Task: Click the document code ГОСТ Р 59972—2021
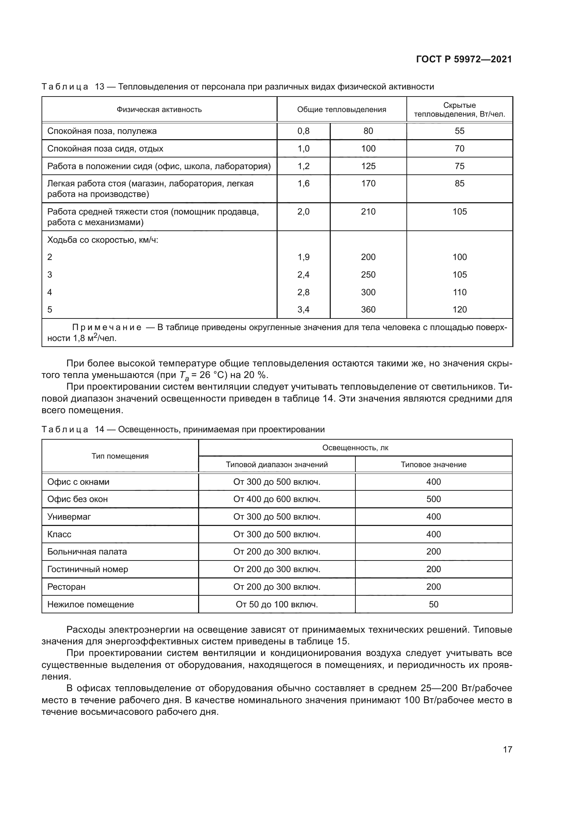pos(464,60)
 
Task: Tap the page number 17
pos(507,749)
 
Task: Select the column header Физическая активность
pos(159,110)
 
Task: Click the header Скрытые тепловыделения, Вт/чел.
pos(460,110)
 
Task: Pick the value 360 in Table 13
pos(368,309)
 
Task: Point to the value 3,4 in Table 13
pos(303,309)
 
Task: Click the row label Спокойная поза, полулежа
pos(102,131)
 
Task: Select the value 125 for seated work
pos(368,166)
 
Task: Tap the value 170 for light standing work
pos(368,184)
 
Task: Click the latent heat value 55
pos(460,131)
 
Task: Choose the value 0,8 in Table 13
pos(303,131)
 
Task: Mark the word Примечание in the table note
pos(106,327)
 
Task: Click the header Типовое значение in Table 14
pos(433,464)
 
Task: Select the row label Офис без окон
pos(77,499)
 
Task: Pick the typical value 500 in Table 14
pos(433,499)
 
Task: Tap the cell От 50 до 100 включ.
pos(277,605)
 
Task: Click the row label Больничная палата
pos(87,552)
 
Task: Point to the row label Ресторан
pos(66,587)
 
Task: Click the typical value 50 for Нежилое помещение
pos(433,605)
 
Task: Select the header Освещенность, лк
pos(355,447)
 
